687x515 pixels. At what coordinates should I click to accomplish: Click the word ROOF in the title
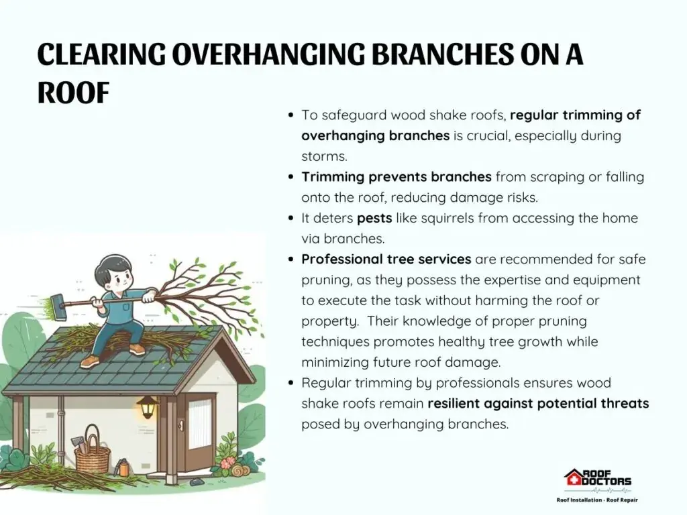pyautogui.click(x=73, y=93)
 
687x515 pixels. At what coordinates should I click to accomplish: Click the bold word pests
pyautogui.click(x=374, y=218)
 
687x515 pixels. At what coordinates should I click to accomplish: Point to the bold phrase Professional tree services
pyautogui.click(x=386, y=260)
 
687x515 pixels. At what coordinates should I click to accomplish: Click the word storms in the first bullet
pyautogui.click(x=324, y=156)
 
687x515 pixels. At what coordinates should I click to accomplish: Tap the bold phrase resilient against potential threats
pyautogui.click(x=539, y=403)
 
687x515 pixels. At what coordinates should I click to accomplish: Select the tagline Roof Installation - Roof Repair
pyautogui.click(x=597, y=500)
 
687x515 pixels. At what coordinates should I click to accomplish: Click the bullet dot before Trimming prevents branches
pyautogui.click(x=291, y=177)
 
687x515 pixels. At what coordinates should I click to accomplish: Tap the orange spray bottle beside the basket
pyautogui.click(x=123, y=467)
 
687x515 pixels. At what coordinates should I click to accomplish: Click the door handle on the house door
pyautogui.click(x=180, y=424)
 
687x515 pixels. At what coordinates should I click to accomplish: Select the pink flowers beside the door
pyautogui.click(x=227, y=463)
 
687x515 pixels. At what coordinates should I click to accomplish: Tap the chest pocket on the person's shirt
pyautogui.click(x=126, y=307)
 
